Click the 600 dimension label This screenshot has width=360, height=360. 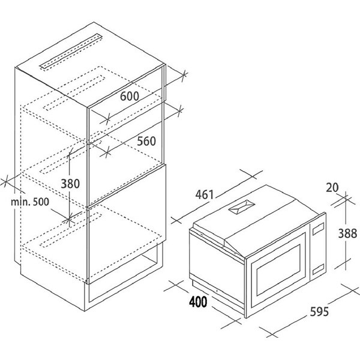130,96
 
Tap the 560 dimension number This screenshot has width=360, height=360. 146,141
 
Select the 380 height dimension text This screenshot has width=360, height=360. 70,184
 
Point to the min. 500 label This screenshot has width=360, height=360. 30,202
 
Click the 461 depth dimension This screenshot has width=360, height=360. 205,194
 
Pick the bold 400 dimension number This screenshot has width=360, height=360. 198,302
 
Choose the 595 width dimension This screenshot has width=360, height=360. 319,311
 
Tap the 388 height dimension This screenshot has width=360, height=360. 347,234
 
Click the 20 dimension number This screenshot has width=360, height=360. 332,188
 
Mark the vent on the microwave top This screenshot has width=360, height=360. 242,207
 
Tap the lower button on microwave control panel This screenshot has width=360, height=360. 318,269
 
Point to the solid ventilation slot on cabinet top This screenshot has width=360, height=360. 71,52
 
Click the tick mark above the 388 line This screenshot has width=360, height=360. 346,198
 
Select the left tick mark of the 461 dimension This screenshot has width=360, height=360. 176,220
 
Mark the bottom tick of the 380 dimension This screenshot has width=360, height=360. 69,220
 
